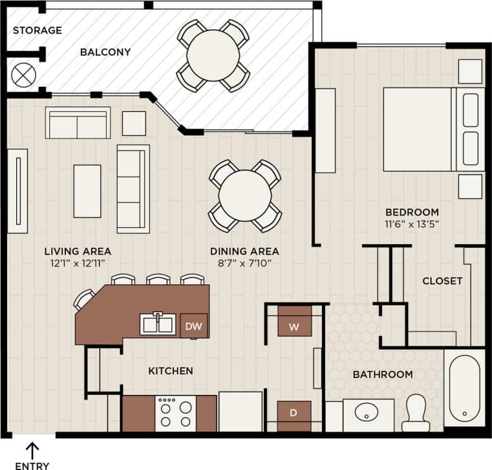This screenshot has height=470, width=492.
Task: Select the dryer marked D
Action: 294,412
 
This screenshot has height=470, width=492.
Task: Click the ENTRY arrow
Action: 32,449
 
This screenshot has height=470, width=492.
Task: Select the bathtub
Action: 464,388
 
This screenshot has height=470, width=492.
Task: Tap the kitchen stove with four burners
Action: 176,414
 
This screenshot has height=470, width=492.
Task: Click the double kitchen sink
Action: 158,324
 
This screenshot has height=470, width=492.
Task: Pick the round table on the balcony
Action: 213,56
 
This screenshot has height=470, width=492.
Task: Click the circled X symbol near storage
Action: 24,75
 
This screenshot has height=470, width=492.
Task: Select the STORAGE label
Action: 37,30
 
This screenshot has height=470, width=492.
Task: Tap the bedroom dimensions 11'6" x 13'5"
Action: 412,225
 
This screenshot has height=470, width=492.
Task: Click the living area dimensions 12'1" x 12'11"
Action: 78,263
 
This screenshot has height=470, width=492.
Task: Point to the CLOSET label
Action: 442,281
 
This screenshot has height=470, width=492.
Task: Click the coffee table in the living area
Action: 87,190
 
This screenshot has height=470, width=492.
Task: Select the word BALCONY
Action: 105,52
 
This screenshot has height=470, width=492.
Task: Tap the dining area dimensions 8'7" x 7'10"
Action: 244,263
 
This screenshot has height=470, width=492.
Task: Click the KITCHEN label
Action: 171,371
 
